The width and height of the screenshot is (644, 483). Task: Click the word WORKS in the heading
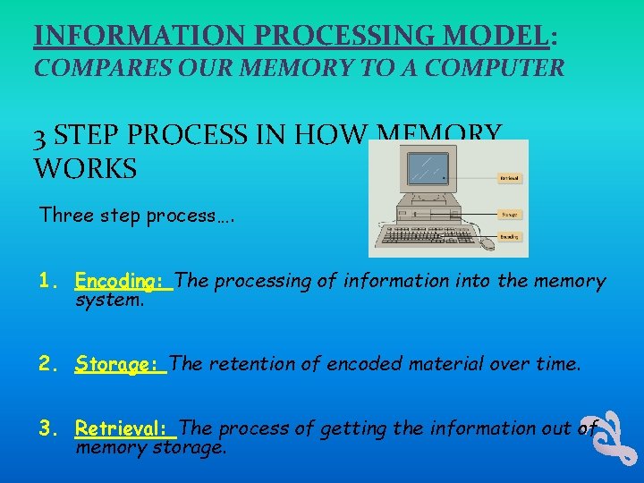(85, 167)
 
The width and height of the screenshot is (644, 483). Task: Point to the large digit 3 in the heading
(41, 136)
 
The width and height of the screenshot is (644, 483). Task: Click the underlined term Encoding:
(123, 281)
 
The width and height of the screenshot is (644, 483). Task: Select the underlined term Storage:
(120, 364)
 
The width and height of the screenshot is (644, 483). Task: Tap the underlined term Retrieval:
(125, 428)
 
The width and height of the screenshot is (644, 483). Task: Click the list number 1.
(47, 281)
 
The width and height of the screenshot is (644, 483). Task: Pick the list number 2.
(47, 364)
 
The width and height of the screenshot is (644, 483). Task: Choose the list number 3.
(47, 428)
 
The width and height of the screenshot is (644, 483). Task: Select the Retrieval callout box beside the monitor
(508, 178)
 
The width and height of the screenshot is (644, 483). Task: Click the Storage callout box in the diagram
(508, 215)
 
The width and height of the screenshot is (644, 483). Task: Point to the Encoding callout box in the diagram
(508, 237)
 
